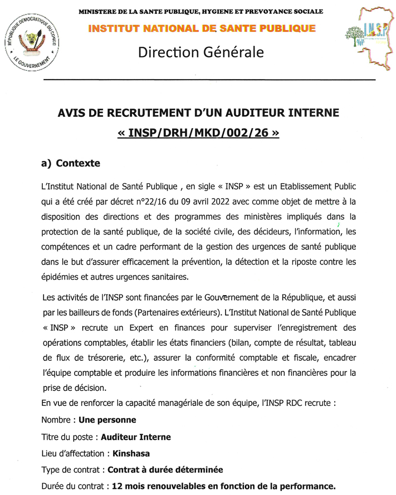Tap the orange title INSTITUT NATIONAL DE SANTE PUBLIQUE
(x=201, y=28)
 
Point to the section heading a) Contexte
(x=71, y=164)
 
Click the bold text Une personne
(x=107, y=419)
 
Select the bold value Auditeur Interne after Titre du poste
(x=136, y=437)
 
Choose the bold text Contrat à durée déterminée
(x=165, y=470)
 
